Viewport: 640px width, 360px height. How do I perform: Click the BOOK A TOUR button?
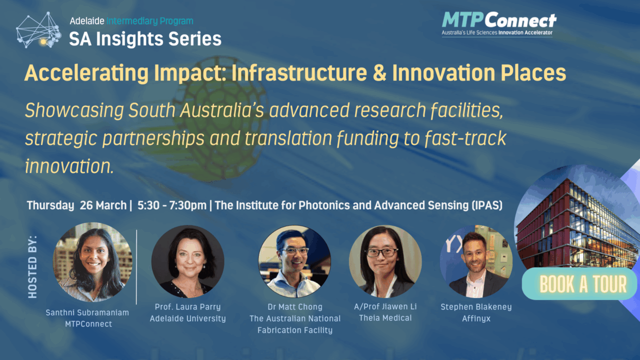pos(579,283)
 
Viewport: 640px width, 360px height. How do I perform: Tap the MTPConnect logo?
pos(499,24)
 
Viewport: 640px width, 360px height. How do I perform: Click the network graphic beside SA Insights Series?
pos(38,29)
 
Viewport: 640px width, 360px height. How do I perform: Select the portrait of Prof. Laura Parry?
pos(187,261)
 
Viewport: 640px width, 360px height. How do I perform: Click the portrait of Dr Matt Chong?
pos(294,261)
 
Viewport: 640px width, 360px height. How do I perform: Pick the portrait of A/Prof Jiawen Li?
pos(385,261)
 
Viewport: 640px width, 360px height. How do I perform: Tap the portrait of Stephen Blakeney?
pos(476,261)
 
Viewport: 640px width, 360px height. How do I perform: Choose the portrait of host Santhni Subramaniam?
pos(92,262)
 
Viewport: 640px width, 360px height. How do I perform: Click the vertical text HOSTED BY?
pos(32,267)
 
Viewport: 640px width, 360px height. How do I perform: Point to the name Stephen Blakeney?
pos(476,307)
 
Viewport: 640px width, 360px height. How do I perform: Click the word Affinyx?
pos(476,318)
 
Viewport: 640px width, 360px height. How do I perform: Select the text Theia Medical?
pos(385,318)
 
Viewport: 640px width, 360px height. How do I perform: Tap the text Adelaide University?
pos(187,318)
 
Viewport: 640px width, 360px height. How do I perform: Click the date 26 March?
pos(103,205)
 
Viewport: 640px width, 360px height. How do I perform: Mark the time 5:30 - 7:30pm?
pos(171,205)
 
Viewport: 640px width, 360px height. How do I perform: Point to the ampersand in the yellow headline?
pos(379,73)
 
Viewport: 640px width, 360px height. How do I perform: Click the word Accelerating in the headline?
pos(86,73)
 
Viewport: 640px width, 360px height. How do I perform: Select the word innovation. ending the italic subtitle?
pos(69,166)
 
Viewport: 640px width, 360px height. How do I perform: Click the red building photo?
pos(574,220)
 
